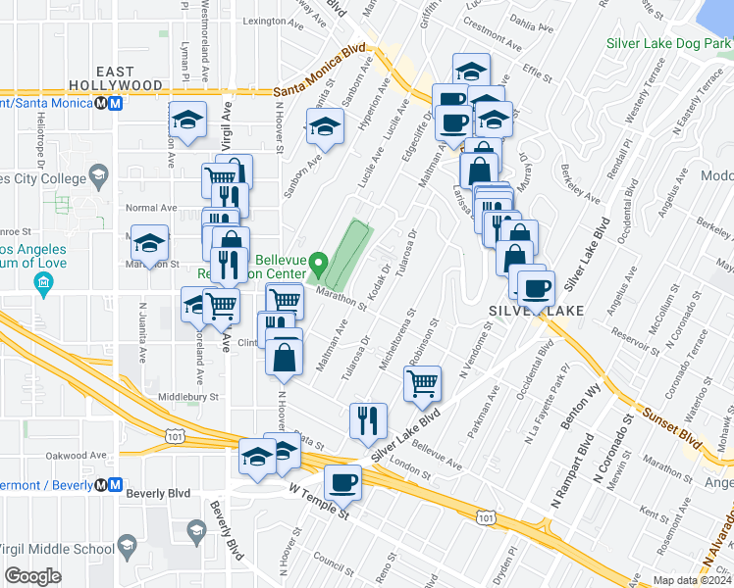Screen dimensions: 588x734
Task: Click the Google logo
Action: point(32,576)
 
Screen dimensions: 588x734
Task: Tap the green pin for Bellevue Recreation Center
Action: point(318,264)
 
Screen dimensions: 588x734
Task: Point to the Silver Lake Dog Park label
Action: point(668,43)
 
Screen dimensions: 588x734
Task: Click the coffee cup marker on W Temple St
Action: point(342,481)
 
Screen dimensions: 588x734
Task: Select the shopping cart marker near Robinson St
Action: point(423,382)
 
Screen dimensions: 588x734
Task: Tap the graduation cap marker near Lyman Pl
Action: point(186,119)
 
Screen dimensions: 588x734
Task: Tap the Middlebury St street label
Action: point(186,397)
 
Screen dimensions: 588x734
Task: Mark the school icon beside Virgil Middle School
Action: point(126,545)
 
